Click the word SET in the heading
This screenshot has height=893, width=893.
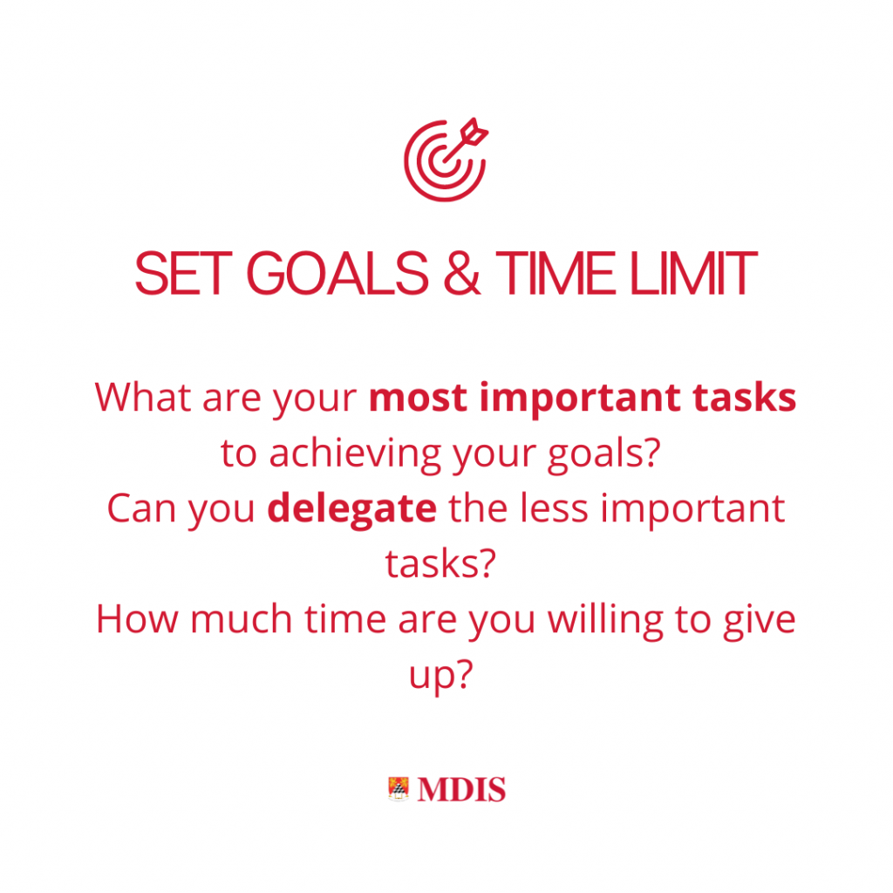pyautogui.click(x=183, y=273)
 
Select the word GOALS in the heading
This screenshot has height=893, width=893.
pyautogui.click(x=337, y=273)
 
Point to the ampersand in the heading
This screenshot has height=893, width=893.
pyautogui.click(x=462, y=273)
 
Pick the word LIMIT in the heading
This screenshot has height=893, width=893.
pyautogui.click(x=693, y=273)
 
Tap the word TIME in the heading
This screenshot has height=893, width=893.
pyautogui.click(x=556, y=273)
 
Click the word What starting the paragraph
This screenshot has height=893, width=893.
pyautogui.click(x=142, y=397)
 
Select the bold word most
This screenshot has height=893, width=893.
pyautogui.click(x=418, y=398)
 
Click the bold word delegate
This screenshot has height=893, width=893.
pyautogui.click(x=352, y=509)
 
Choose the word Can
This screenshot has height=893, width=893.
pyautogui.click(x=141, y=508)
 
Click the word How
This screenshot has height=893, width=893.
pyautogui.click(x=137, y=619)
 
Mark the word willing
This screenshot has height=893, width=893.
pyautogui.click(x=605, y=620)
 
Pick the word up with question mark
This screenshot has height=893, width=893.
pyautogui.click(x=441, y=676)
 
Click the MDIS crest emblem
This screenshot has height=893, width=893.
pyautogui.click(x=399, y=788)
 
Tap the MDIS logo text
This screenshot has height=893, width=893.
pyautogui.click(x=461, y=789)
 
